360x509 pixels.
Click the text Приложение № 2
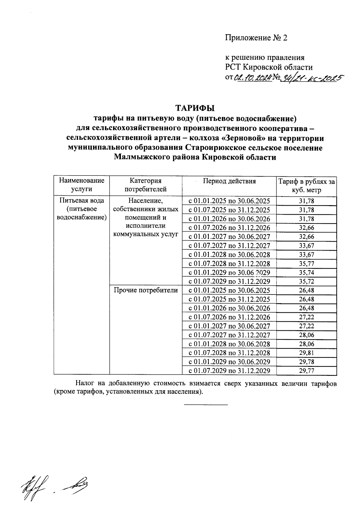(x=256, y=38)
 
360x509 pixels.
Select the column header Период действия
(x=229, y=181)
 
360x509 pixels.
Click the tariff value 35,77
(x=306, y=264)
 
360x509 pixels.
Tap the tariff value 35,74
(x=306, y=273)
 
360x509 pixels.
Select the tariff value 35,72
(x=306, y=282)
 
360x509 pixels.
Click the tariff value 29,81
(x=306, y=353)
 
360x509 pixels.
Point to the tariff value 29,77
(x=306, y=371)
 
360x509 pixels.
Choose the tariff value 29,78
(x=306, y=362)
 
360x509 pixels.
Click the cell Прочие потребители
(x=145, y=290)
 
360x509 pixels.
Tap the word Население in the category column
(x=145, y=201)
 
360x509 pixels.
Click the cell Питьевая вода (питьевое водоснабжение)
(x=82, y=209)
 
